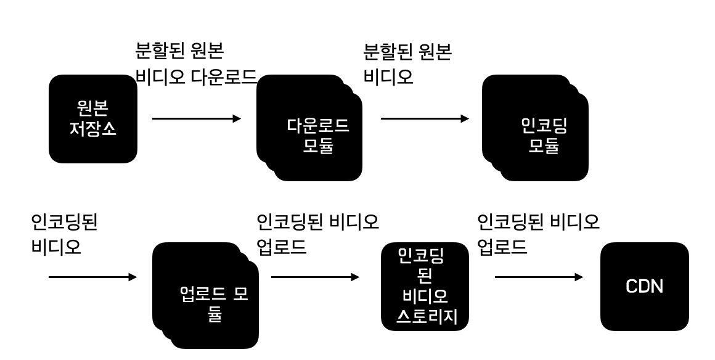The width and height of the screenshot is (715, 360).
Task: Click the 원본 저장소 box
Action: (x=92, y=119)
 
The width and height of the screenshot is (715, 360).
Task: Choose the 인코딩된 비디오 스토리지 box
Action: (x=425, y=286)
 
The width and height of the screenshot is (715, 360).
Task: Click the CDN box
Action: (x=644, y=286)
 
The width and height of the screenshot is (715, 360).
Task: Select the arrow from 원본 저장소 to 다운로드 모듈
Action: (x=196, y=118)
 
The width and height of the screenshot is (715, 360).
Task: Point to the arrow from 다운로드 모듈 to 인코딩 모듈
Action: (x=425, y=118)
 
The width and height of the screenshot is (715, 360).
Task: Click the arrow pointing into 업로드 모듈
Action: (x=92, y=277)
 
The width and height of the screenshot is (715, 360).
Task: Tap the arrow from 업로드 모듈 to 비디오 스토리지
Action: (x=315, y=277)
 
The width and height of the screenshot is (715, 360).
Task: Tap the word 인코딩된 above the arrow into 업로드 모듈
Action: (x=64, y=222)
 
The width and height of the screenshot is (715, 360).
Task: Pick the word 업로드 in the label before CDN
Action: (x=502, y=248)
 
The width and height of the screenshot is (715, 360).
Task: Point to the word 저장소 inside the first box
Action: (x=92, y=130)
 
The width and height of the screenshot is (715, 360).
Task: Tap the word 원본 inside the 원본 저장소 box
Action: (x=92, y=109)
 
